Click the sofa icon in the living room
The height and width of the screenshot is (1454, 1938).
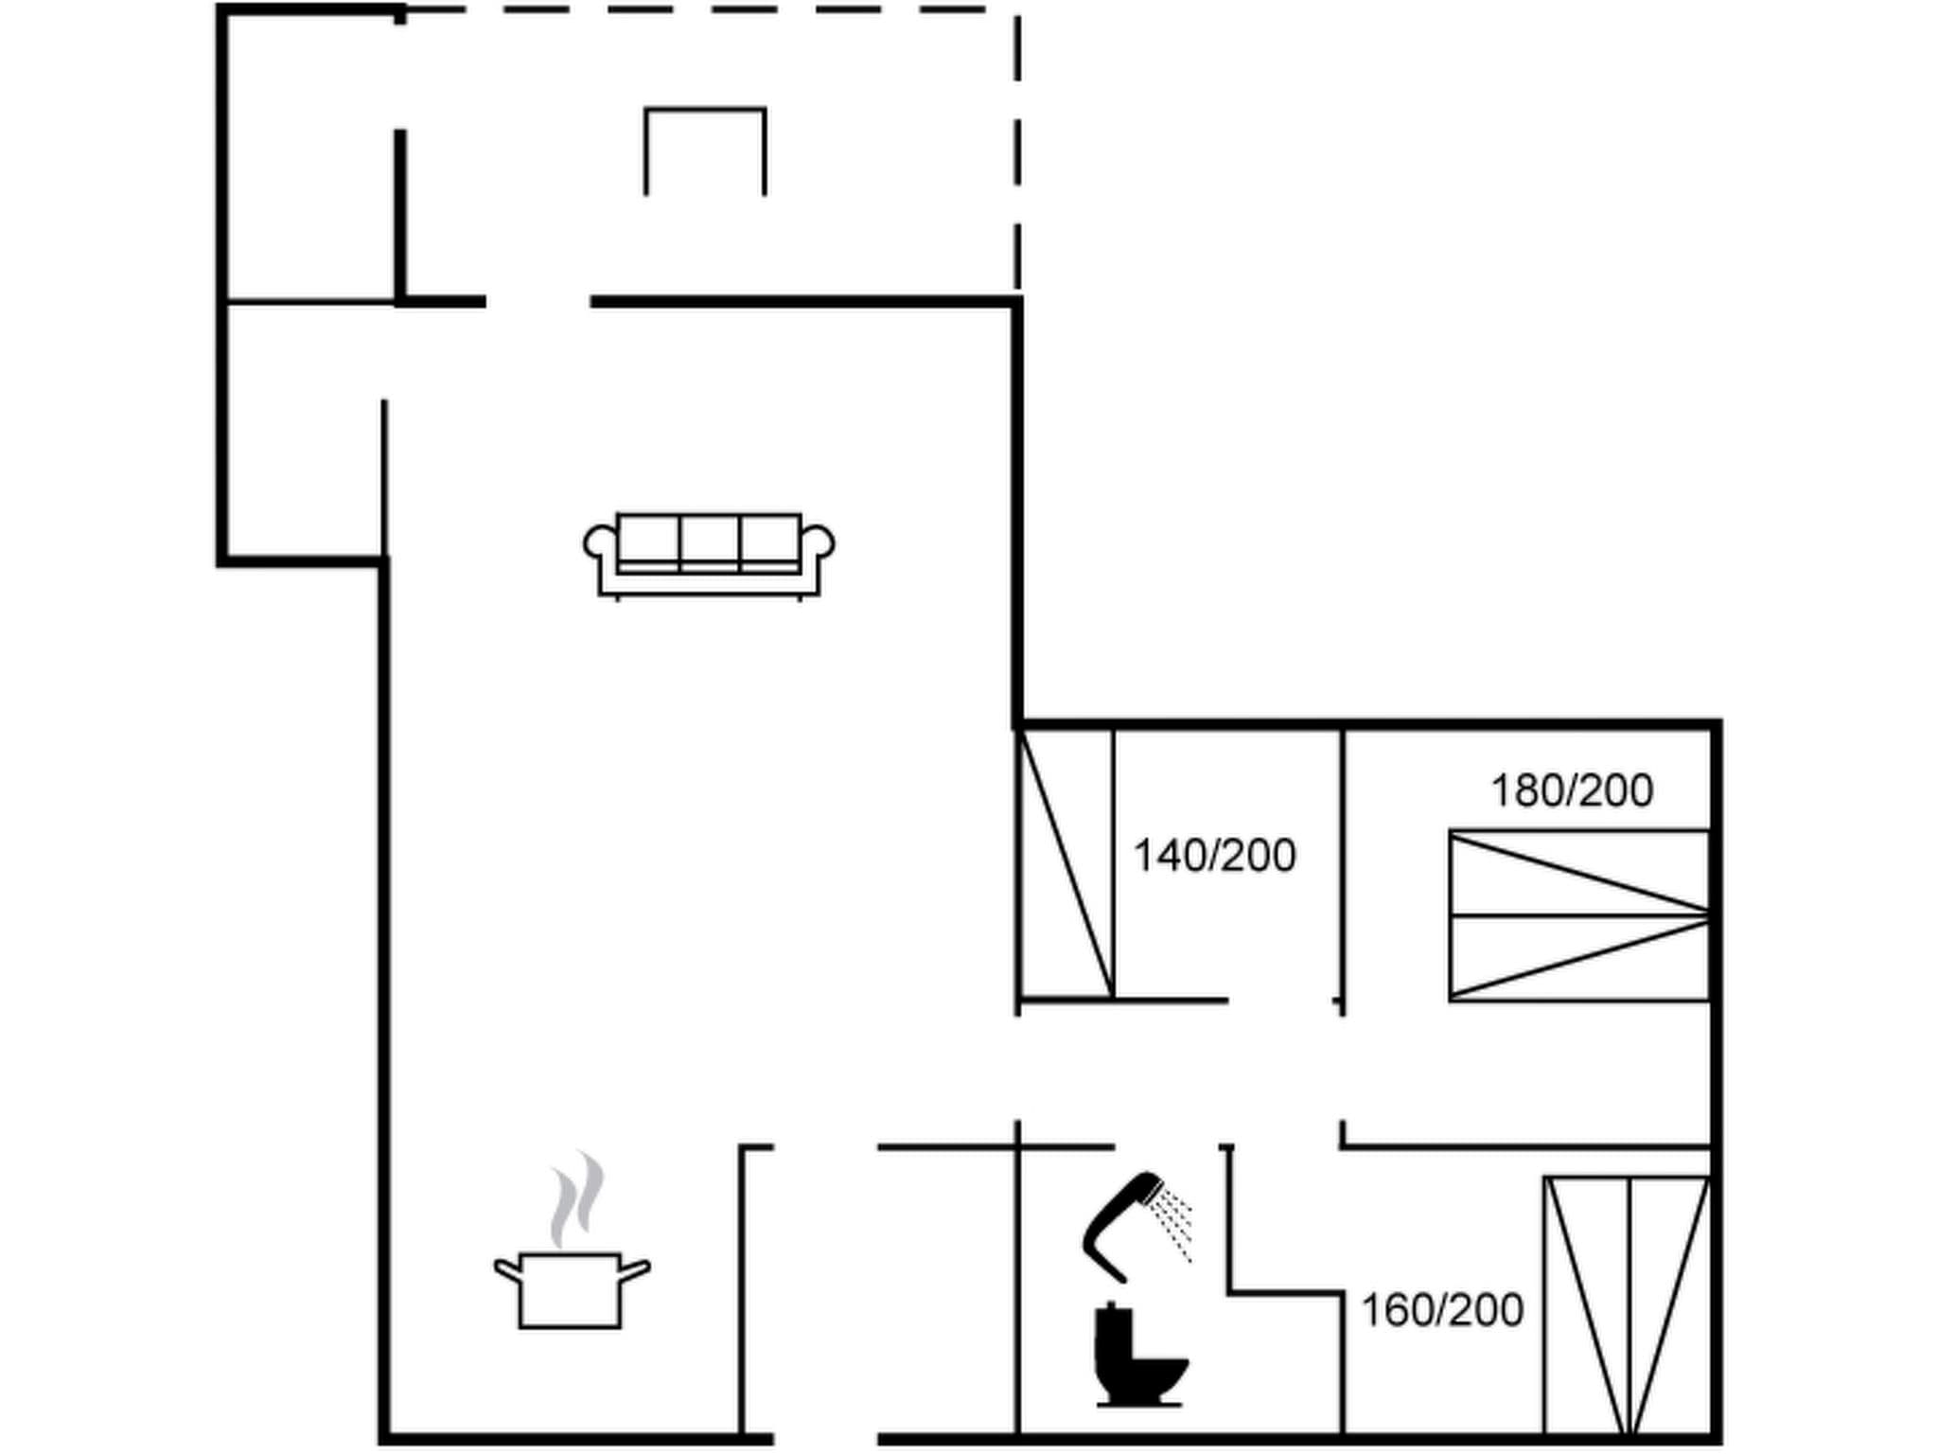coord(709,556)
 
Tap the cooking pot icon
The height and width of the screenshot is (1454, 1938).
coord(571,1289)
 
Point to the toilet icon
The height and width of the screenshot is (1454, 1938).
coord(1136,1356)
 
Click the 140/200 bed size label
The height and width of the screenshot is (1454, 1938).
coord(1214,856)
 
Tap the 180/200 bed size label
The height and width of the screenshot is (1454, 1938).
coord(1572,790)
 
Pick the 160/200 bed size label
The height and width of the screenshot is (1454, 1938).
coord(1441,1310)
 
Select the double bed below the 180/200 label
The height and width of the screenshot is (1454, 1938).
coord(1579,915)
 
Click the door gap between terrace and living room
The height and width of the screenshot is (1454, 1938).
coord(538,302)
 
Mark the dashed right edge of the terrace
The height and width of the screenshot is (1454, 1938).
coord(1017,151)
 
